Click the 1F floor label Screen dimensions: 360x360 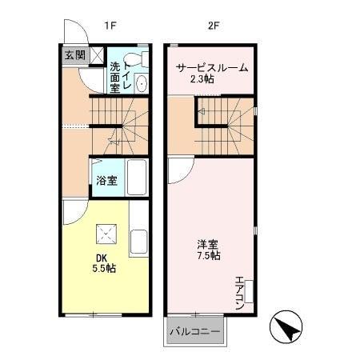[x=110, y=25]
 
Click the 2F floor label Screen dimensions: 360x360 [x=214, y=25]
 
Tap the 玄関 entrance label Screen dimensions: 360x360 [x=74, y=55]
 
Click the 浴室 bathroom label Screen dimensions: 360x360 [x=106, y=180]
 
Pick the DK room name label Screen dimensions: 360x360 [x=102, y=257]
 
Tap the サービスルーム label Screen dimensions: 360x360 [x=211, y=68]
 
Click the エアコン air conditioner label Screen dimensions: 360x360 [x=240, y=292]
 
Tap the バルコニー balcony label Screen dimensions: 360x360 [x=194, y=331]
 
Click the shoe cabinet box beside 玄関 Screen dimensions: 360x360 [x=96, y=55]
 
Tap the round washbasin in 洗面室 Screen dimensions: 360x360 [x=142, y=84]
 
